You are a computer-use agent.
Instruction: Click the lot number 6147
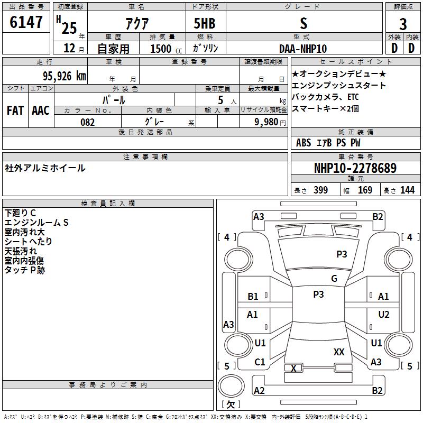click(26, 22)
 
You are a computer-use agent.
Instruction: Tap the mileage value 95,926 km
click(65, 76)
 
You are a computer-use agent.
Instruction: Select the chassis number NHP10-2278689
click(355, 168)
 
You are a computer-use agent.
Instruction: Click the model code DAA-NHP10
click(303, 49)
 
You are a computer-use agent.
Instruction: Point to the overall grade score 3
click(403, 24)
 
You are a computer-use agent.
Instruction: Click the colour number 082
click(88, 122)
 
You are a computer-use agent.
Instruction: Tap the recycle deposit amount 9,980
click(266, 122)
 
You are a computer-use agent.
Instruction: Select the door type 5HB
click(205, 23)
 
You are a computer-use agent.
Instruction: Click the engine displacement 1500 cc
click(166, 49)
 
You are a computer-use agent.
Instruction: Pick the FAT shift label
click(15, 111)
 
